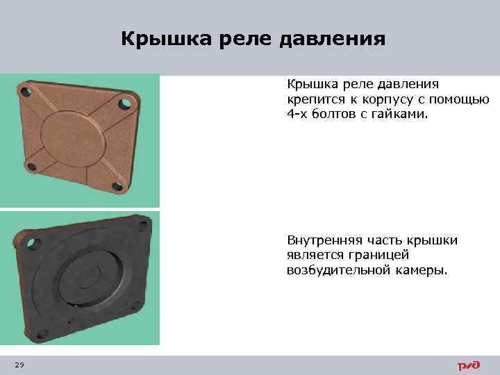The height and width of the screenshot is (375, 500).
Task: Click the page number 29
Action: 19,365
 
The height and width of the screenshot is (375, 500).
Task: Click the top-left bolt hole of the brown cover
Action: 25,90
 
